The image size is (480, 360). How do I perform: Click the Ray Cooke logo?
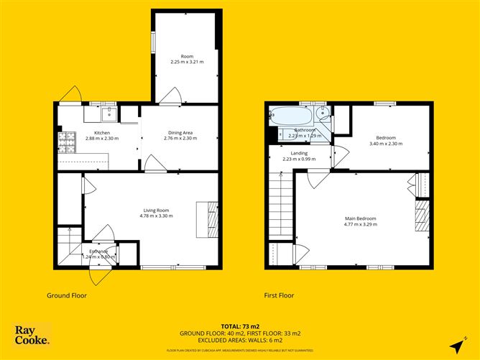[32, 335]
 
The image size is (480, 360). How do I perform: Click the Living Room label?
[155, 211]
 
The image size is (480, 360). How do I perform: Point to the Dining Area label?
[180, 132]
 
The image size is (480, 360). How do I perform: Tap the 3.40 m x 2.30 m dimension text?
[386, 144]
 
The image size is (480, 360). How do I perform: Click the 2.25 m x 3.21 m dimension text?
[187, 62]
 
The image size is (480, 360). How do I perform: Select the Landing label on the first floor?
[299, 153]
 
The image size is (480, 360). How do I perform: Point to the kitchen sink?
[109, 114]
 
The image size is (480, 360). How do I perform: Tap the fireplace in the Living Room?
[211, 218]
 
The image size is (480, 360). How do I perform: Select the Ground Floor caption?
[67, 295]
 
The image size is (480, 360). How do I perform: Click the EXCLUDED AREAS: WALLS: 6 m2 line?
[240, 341]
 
